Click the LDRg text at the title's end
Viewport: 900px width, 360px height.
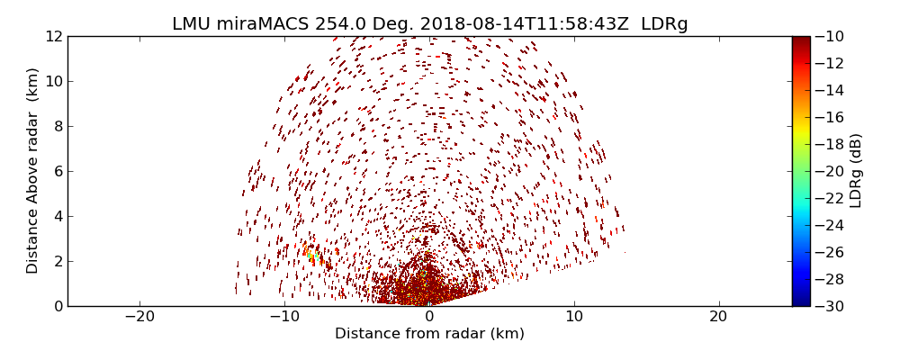click(664, 24)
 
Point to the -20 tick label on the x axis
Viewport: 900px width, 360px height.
click(139, 317)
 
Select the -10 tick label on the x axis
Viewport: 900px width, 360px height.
click(284, 317)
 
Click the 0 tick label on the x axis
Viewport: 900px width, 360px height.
click(429, 317)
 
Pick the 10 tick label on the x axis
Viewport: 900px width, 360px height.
click(574, 317)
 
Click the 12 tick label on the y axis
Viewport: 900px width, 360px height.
click(54, 36)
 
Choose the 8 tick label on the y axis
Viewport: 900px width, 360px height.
click(58, 126)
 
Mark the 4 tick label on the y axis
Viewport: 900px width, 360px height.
click(58, 216)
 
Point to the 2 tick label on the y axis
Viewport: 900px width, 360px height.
click(58, 261)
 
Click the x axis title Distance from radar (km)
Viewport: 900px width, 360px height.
click(429, 334)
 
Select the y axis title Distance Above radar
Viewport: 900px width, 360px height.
click(33, 170)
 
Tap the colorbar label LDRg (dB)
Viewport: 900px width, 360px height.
click(856, 170)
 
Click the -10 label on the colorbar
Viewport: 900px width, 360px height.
click(829, 36)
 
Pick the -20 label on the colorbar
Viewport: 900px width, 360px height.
click(829, 171)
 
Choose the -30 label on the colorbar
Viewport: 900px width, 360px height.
click(829, 306)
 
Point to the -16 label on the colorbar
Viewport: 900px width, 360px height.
click(829, 117)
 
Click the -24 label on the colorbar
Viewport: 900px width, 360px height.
click(829, 225)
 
